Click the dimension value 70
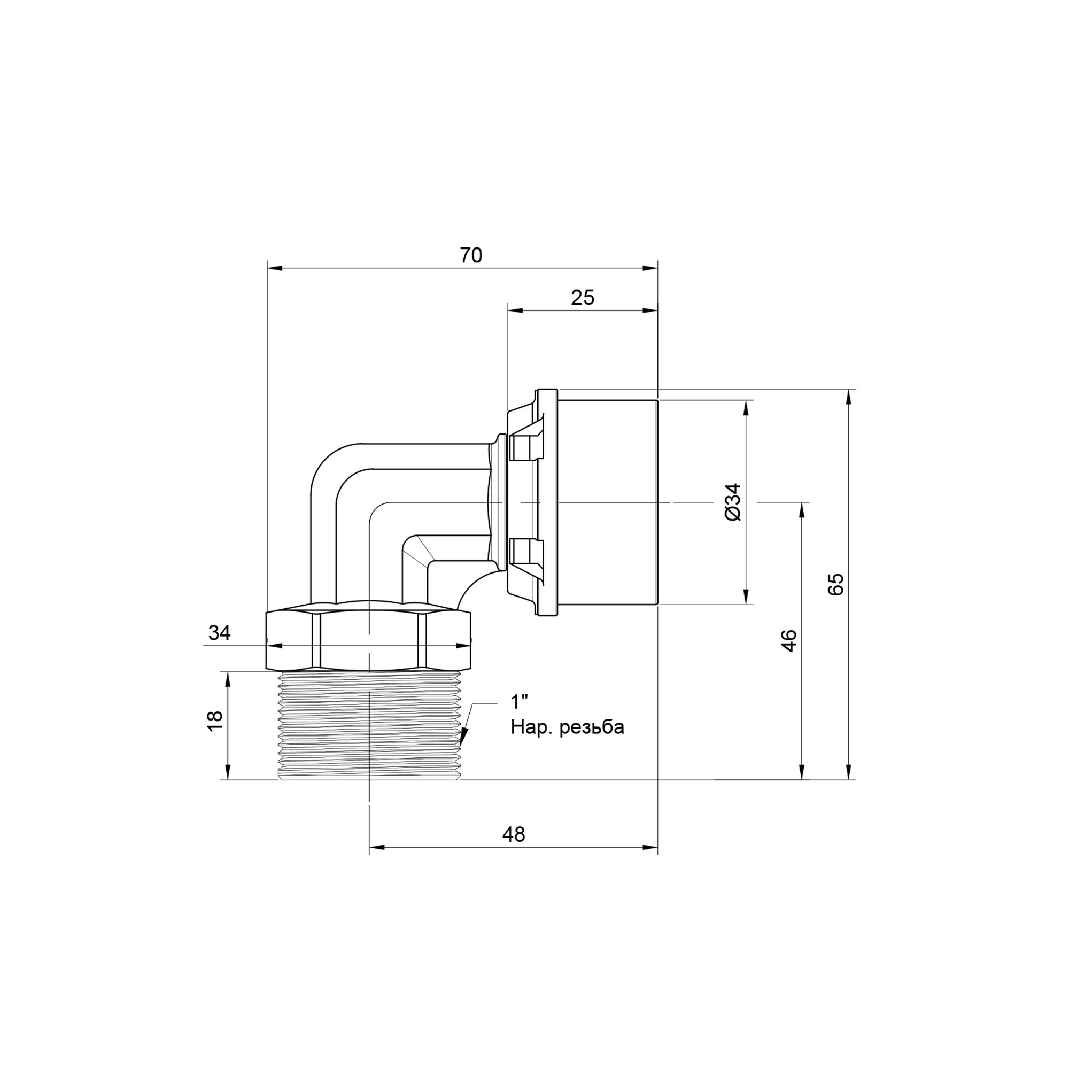point(471,255)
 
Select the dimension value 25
point(583,298)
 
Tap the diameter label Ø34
point(733,502)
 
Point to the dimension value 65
point(836,584)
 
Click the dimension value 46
point(789,641)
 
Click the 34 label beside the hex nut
point(219,633)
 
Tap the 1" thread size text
point(519,702)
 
